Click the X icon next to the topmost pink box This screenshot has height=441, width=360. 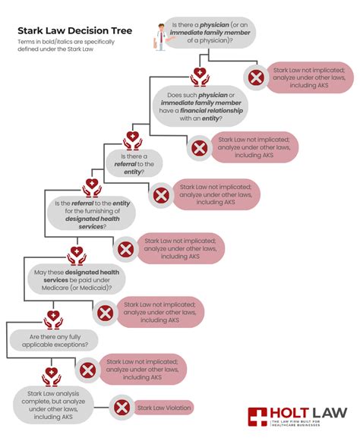257,77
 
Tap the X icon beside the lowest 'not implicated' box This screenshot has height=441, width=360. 88,371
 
